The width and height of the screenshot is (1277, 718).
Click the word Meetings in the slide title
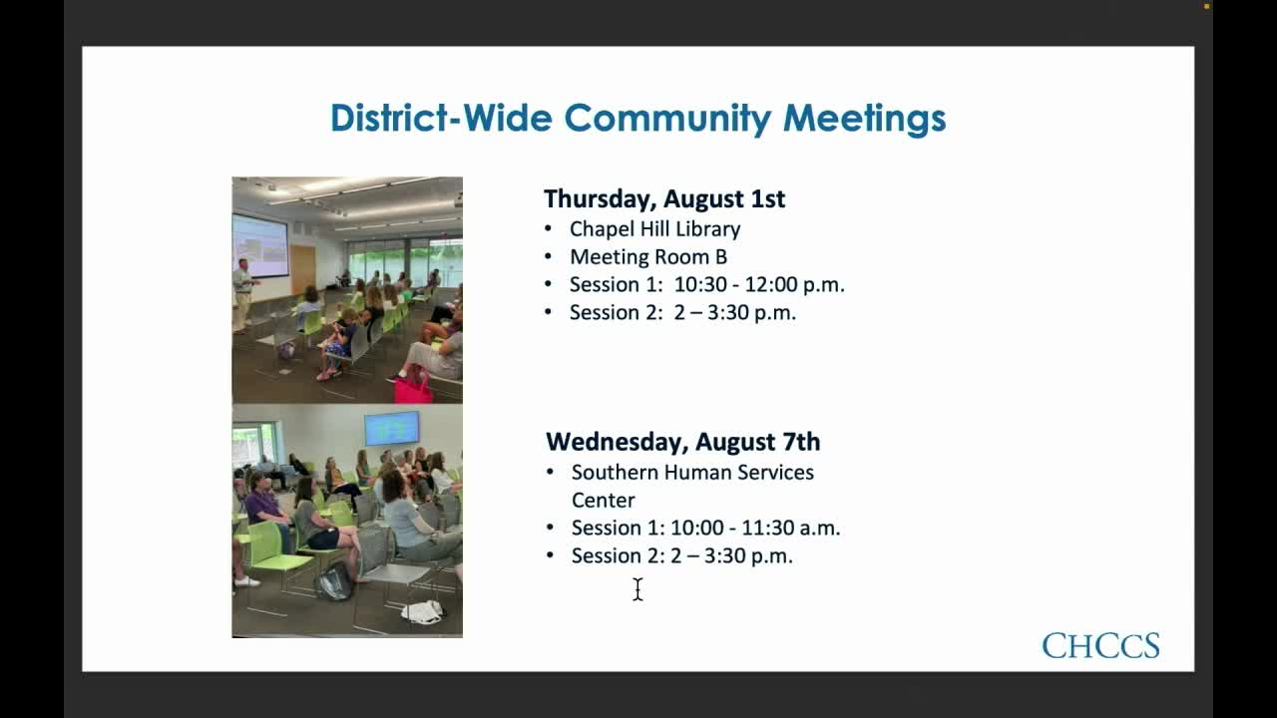(x=864, y=118)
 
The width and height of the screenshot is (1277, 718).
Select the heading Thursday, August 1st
(x=664, y=198)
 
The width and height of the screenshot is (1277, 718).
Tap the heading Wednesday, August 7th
(x=683, y=442)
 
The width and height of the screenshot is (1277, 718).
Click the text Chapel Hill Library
(x=654, y=228)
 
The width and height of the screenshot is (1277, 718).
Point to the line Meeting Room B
(x=648, y=256)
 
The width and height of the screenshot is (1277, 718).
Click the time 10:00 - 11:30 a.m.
(x=755, y=528)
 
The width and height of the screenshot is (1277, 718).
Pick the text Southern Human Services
(x=692, y=472)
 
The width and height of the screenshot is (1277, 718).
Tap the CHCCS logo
(x=1100, y=646)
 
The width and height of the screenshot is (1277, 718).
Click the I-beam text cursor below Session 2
(x=638, y=589)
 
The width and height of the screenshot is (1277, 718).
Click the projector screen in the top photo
(x=259, y=244)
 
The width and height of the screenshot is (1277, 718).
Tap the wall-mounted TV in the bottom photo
(x=392, y=429)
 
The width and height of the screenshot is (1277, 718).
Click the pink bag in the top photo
(x=413, y=389)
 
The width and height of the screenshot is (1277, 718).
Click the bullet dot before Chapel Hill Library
(x=549, y=228)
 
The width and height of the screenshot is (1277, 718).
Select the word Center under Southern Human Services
(x=603, y=500)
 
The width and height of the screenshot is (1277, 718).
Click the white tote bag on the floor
(x=423, y=611)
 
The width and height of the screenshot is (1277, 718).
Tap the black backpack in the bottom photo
(x=334, y=581)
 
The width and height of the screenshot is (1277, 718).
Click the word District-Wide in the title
(x=442, y=118)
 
